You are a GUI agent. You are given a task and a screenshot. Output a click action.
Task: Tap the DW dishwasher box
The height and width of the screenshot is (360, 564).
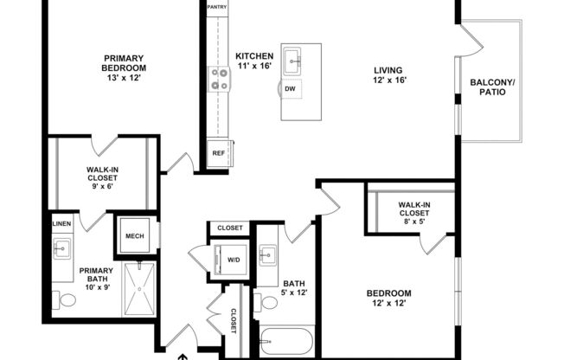[x=290, y=87]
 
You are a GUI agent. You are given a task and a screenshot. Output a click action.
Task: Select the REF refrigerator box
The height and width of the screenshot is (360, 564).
[x=218, y=154]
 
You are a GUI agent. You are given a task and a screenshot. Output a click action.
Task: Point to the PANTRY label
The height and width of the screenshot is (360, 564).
[x=217, y=7]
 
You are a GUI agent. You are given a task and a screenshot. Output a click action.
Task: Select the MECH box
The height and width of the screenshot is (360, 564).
[x=134, y=235]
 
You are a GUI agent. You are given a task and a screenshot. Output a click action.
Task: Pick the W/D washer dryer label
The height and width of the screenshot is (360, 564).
[x=234, y=259]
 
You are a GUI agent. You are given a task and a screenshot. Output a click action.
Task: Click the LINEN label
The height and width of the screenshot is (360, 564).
[x=61, y=224]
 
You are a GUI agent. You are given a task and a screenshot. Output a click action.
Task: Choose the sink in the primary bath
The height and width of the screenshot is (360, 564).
[x=61, y=251]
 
